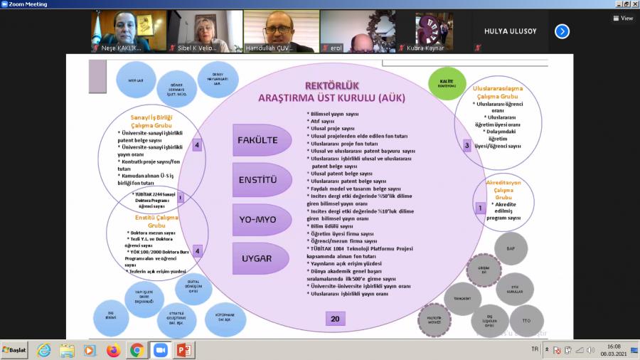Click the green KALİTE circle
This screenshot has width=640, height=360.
pyautogui.click(x=447, y=83)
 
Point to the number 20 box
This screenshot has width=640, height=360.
pyautogui.click(x=335, y=319)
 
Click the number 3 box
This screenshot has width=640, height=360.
pyautogui.click(x=467, y=145)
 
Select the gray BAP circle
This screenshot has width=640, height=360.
pyautogui.click(x=511, y=249)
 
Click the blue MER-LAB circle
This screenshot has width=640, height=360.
pyautogui.click(x=136, y=80)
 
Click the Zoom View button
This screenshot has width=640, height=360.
pyautogui.click(x=622, y=18)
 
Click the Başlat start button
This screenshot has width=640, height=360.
pyautogui.click(x=14, y=350)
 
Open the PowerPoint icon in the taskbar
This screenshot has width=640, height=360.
pyautogui.click(x=183, y=350)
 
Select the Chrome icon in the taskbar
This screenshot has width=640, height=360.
pyautogui.click(x=137, y=350)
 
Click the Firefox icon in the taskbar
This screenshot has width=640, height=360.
pyautogui.click(x=113, y=350)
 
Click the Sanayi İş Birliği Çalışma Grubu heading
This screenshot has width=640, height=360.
pyautogui.click(x=151, y=120)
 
